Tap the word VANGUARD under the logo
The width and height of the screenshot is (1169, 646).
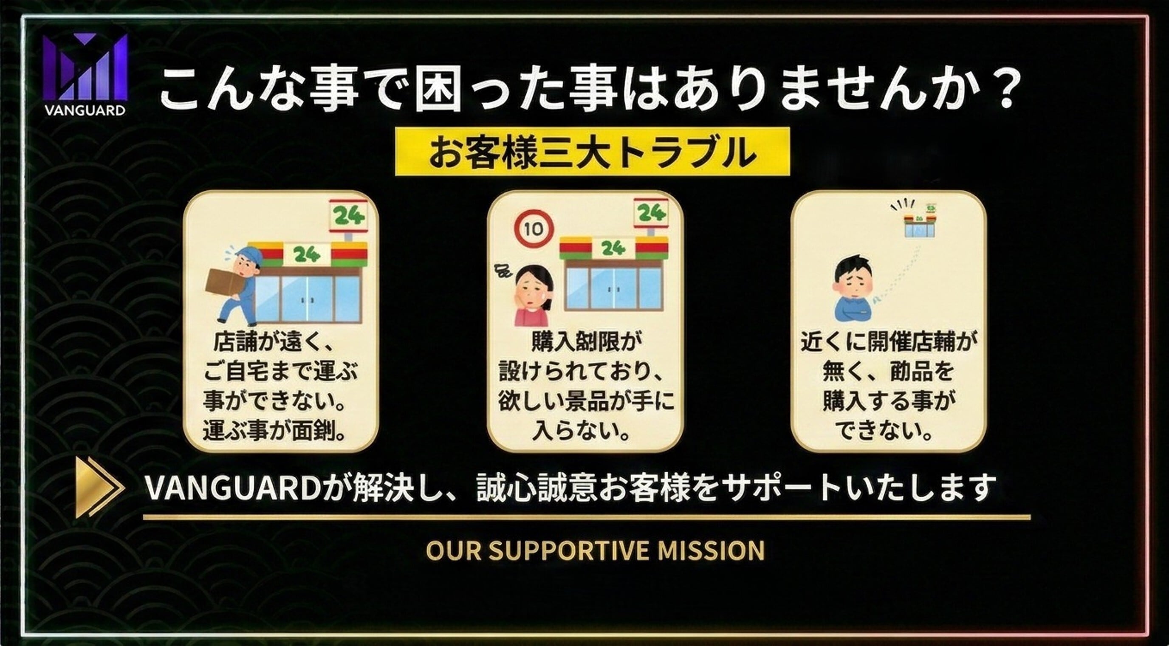point(85,110)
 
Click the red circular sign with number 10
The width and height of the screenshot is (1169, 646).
point(534,228)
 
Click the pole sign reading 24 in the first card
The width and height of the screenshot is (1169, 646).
point(348,216)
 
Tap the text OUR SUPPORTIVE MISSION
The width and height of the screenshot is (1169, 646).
point(595,550)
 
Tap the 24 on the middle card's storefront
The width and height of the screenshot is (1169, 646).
point(613,248)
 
